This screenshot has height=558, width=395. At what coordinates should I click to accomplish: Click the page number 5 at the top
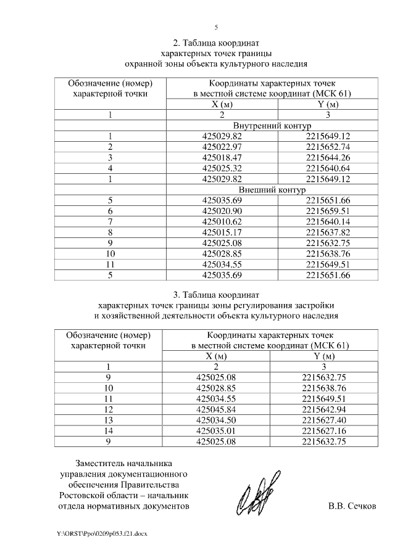(x=216, y=27)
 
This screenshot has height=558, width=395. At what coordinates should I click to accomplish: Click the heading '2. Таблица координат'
(x=216, y=43)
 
